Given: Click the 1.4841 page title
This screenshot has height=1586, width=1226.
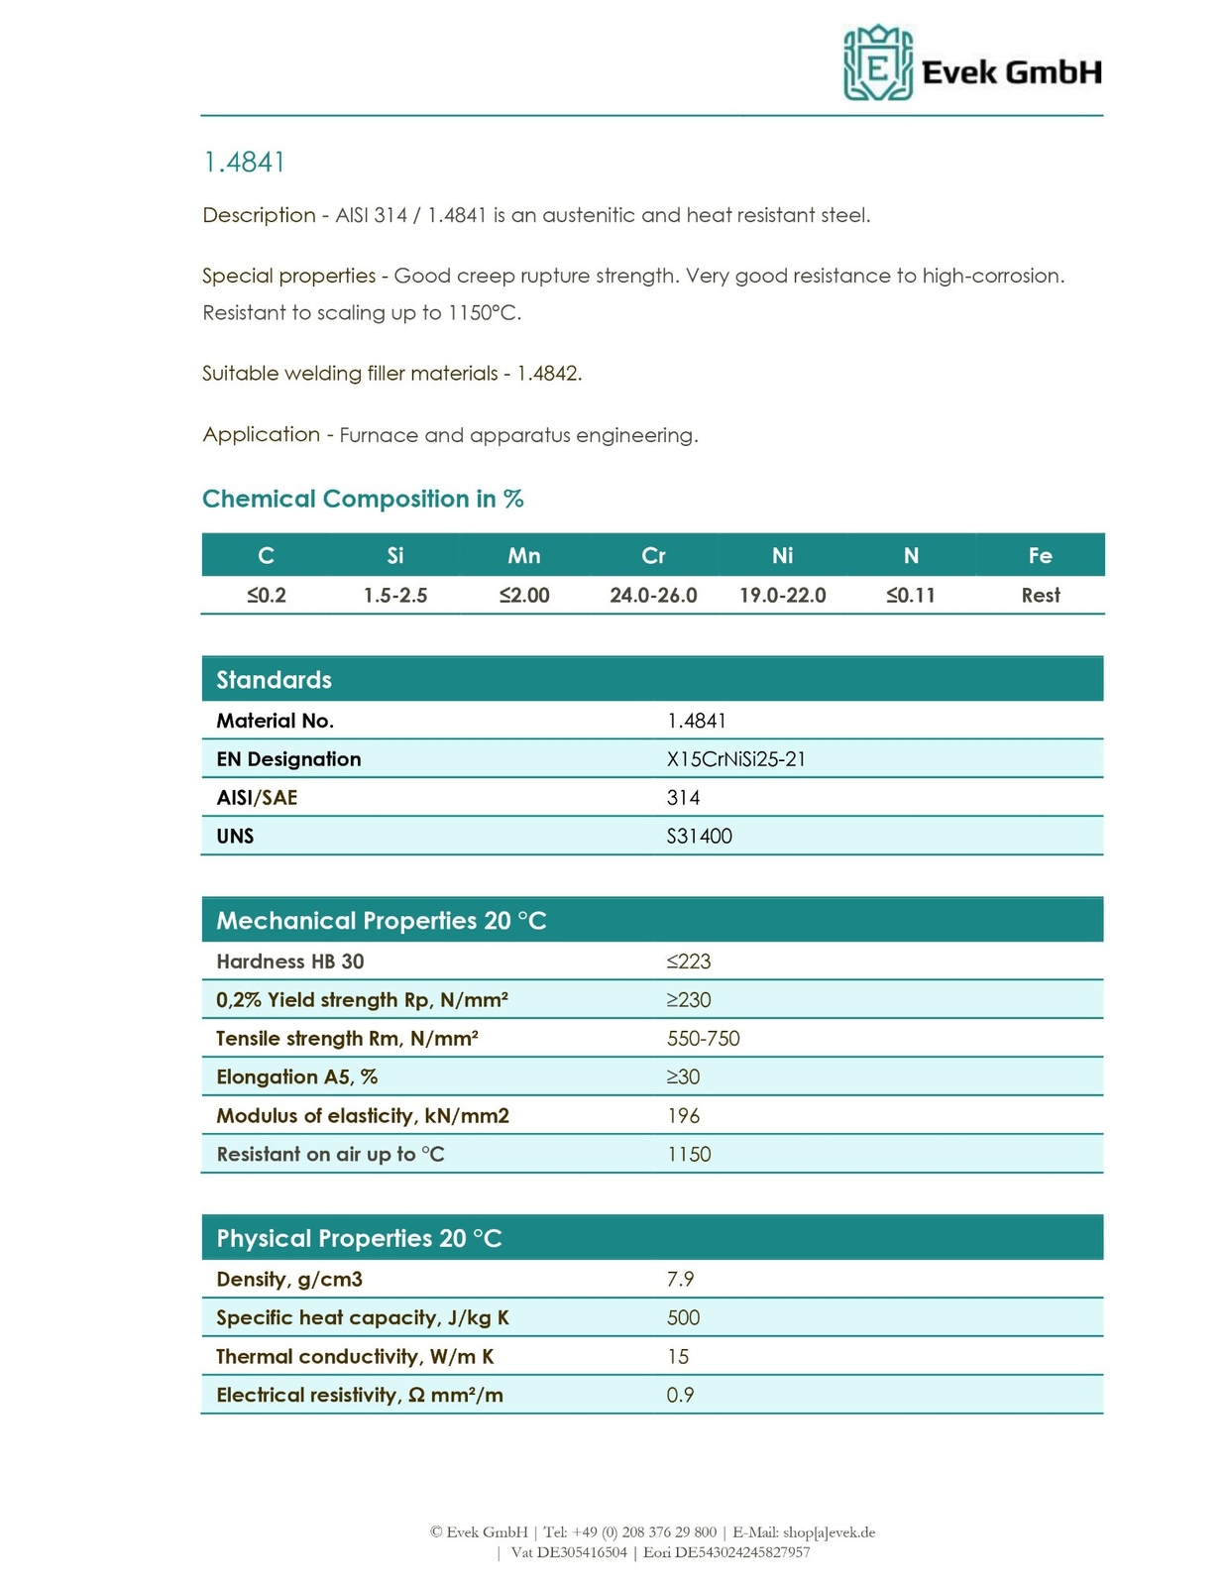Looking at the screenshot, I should [x=244, y=163].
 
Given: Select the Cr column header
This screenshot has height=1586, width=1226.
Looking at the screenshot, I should [x=653, y=556].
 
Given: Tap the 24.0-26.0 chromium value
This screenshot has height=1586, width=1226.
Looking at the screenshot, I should [x=653, y=596].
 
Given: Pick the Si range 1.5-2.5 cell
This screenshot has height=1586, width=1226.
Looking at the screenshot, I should [x=395, y=596].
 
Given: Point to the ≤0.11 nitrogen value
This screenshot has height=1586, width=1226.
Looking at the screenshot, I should [x=911, y=596].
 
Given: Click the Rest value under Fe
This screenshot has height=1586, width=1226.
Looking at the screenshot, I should [x=1041, y=596].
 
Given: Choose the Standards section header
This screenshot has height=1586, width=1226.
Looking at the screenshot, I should [x=275, y=680].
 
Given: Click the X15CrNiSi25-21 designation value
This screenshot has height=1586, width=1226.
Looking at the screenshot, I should [x=736, y=759].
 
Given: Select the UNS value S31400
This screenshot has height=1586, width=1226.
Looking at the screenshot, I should [x=700, y=837].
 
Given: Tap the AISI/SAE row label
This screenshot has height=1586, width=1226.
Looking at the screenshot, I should [x=257, y=798].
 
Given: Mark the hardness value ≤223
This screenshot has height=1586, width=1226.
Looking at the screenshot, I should [x=689, y=962].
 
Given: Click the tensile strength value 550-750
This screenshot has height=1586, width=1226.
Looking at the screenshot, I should [x=704, y=1039].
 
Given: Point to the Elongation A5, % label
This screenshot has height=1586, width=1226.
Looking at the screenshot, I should [x=296, y=1077].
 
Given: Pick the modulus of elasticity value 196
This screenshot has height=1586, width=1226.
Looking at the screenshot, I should [x=684, y=1116].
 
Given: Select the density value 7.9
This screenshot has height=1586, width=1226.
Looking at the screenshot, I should [x=681, y=1280].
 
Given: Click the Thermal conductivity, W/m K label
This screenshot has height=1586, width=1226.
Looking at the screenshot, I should [x=355, y=1357].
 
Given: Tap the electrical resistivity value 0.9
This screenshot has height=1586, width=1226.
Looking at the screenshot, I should [x=681, y=1396].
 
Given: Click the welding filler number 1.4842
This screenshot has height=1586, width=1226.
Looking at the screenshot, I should [x=549, y=374].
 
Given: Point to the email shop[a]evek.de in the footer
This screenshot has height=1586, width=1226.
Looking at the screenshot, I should [x=829, y=1532].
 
